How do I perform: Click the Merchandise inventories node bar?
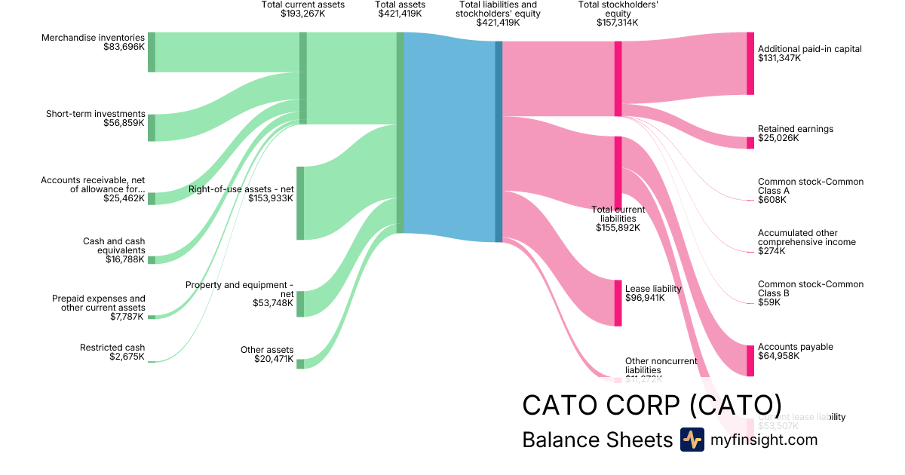click(152, 52)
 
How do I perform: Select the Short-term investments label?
click(95, 114)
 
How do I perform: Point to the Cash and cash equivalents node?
click(152, 259)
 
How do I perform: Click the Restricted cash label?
click(112, 348)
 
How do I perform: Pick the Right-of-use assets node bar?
click(300, 203)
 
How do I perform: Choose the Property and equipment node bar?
click(300, 304)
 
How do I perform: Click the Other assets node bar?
click(300, 364)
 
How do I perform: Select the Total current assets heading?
click(303, 5)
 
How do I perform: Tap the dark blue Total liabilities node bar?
click(499, 142)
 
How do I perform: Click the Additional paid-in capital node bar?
click(750, 63)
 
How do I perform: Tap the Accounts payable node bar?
click(750, 360)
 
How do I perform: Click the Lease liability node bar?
click(618, 303)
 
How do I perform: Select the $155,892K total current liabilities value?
click(618, 227)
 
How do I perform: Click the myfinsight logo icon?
click(692, 440)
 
